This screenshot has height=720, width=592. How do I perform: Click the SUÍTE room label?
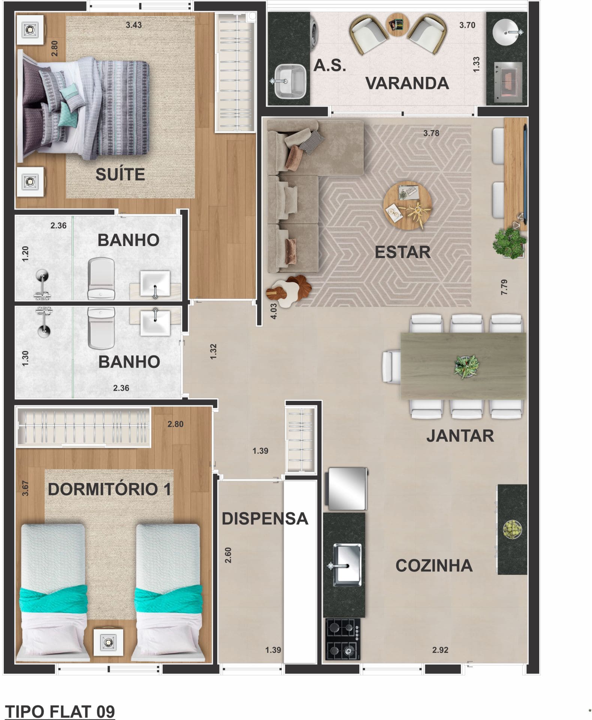tap(120, 174)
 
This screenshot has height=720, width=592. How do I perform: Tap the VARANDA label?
tap(407, 83)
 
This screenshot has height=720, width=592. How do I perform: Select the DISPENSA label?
tap(265, 519)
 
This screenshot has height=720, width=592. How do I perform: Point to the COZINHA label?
tap(434, 565)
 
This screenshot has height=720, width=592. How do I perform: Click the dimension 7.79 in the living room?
tap(504, 287)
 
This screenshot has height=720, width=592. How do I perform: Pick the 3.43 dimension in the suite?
tap(134, 25)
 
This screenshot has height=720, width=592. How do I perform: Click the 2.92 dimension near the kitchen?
tap(440, 650)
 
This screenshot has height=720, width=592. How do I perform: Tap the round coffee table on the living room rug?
tap(407, 206)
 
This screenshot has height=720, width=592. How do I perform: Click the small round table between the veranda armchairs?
tap(398, 25)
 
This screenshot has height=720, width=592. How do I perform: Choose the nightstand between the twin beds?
tap(108, 643)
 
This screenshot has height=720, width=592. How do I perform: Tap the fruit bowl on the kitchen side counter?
tap(512, 530)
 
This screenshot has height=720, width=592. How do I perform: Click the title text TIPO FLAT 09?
tap(60, 711)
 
